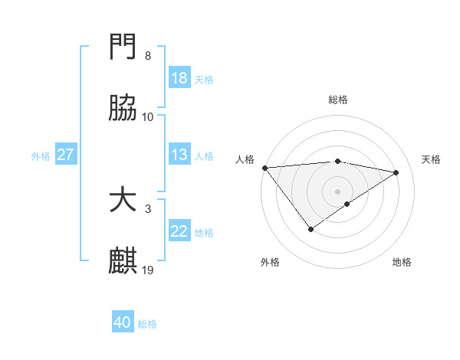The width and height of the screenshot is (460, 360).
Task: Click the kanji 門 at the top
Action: (123, 47)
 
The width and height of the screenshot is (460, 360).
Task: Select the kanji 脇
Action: (123, 109)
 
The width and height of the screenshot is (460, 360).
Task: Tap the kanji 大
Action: (123, 201)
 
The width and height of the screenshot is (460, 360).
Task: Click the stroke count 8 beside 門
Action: (147, 56)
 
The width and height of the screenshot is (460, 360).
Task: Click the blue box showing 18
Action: (179, 78)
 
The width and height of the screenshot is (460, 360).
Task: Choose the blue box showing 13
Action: (179, 155)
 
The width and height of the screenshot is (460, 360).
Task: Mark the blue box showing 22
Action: (179, 231)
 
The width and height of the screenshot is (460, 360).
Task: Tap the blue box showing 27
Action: (65, 155)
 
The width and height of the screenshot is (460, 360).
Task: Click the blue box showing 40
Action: (123, 323)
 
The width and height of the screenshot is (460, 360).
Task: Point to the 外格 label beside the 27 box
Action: (41, 156)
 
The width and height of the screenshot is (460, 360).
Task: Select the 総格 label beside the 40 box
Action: (147, 325)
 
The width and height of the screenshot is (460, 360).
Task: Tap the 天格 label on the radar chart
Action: (431, 159)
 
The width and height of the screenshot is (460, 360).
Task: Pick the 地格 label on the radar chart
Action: (402, 262)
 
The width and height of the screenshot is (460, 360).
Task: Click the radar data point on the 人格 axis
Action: (264, 168)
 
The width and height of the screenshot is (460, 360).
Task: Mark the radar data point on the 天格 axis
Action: (396, 172)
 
